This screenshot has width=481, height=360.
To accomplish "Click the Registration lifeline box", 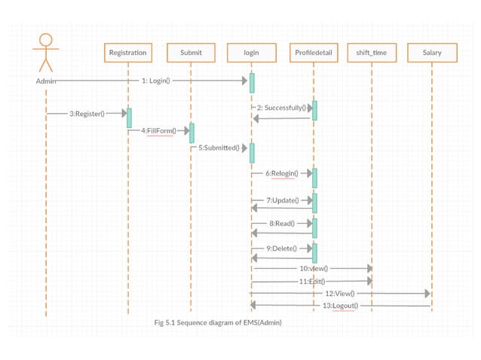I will click(127, 53).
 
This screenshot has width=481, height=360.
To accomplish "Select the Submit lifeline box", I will click(191, 53).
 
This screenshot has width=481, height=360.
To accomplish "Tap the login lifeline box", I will click(251, 53).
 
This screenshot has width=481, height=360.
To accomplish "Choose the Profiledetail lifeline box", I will click(313, 53).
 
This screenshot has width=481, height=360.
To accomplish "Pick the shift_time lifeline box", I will click(371, 53).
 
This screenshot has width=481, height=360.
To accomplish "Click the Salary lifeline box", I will click(432, 53).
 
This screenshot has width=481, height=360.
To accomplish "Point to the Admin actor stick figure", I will click(45, 53).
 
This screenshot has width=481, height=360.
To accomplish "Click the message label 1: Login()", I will click(156, 80).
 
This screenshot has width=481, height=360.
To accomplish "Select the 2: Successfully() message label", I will click(281, 108).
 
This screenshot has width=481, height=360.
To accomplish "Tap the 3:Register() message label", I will click(87, 114).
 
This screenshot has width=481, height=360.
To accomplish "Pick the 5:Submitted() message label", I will click(219, 148).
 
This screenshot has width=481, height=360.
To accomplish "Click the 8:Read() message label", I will click(281, 224).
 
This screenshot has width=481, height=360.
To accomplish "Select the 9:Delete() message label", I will click(281, 248).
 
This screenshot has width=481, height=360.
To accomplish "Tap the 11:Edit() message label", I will click(311, 281).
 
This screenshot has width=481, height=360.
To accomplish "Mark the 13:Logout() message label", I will click(341, 306).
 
